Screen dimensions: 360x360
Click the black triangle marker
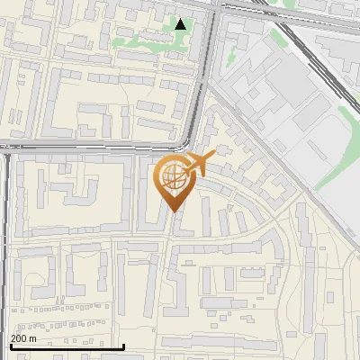[x=181, y=24]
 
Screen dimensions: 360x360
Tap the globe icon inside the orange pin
[x=173, y=176]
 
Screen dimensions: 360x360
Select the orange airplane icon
[x=198, y=165]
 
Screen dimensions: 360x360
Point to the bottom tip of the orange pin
[x=173, y=211]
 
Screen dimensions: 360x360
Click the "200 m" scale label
[x=23, y=338]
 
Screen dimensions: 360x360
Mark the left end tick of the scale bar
[x=10, y=346]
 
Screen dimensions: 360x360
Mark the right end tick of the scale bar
[x=123, y=346]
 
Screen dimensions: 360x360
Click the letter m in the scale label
[x=33, y=338]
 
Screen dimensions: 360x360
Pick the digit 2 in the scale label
[x=13, y=338]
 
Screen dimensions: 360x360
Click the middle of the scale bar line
[x=67, y=346]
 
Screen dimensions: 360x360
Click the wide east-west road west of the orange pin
[x=90, y=147]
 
